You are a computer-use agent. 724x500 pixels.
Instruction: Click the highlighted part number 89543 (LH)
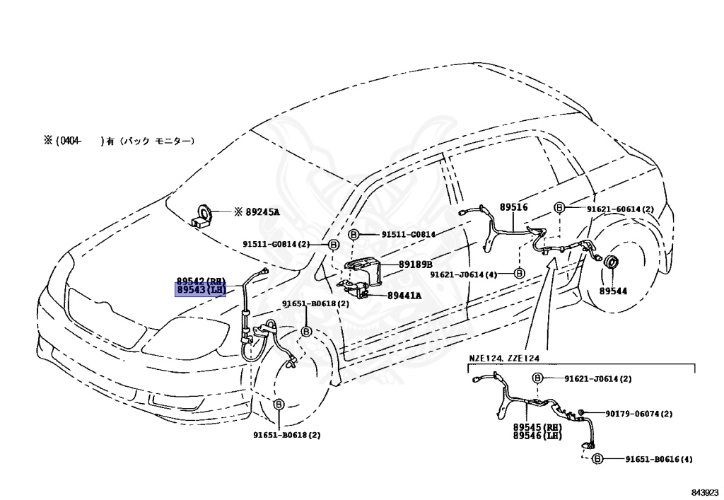coord(200,290)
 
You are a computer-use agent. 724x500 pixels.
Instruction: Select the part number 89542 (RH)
coord(200,281)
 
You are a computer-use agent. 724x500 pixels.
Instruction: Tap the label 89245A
coord(262,212)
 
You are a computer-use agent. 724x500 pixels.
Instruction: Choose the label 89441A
coord(404,296)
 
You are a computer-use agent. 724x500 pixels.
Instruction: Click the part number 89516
coord(513,207)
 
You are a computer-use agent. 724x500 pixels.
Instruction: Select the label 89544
coord(613,291)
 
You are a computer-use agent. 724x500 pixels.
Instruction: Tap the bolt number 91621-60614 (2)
coord(620,209)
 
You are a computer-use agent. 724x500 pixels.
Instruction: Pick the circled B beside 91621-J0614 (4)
coord(520,274)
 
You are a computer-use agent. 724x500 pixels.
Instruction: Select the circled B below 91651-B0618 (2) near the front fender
coord(306,332)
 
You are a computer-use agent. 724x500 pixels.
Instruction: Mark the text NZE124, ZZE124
coord(504,359)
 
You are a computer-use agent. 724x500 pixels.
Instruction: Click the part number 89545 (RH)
coord(537,427)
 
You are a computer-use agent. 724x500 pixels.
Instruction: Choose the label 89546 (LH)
coord(537,436)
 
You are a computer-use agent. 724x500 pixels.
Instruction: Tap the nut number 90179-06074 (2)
coord(639,414)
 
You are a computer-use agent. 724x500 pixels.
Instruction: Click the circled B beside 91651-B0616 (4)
coord(597,459)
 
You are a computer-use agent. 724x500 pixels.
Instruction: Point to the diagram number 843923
coord(705,492)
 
